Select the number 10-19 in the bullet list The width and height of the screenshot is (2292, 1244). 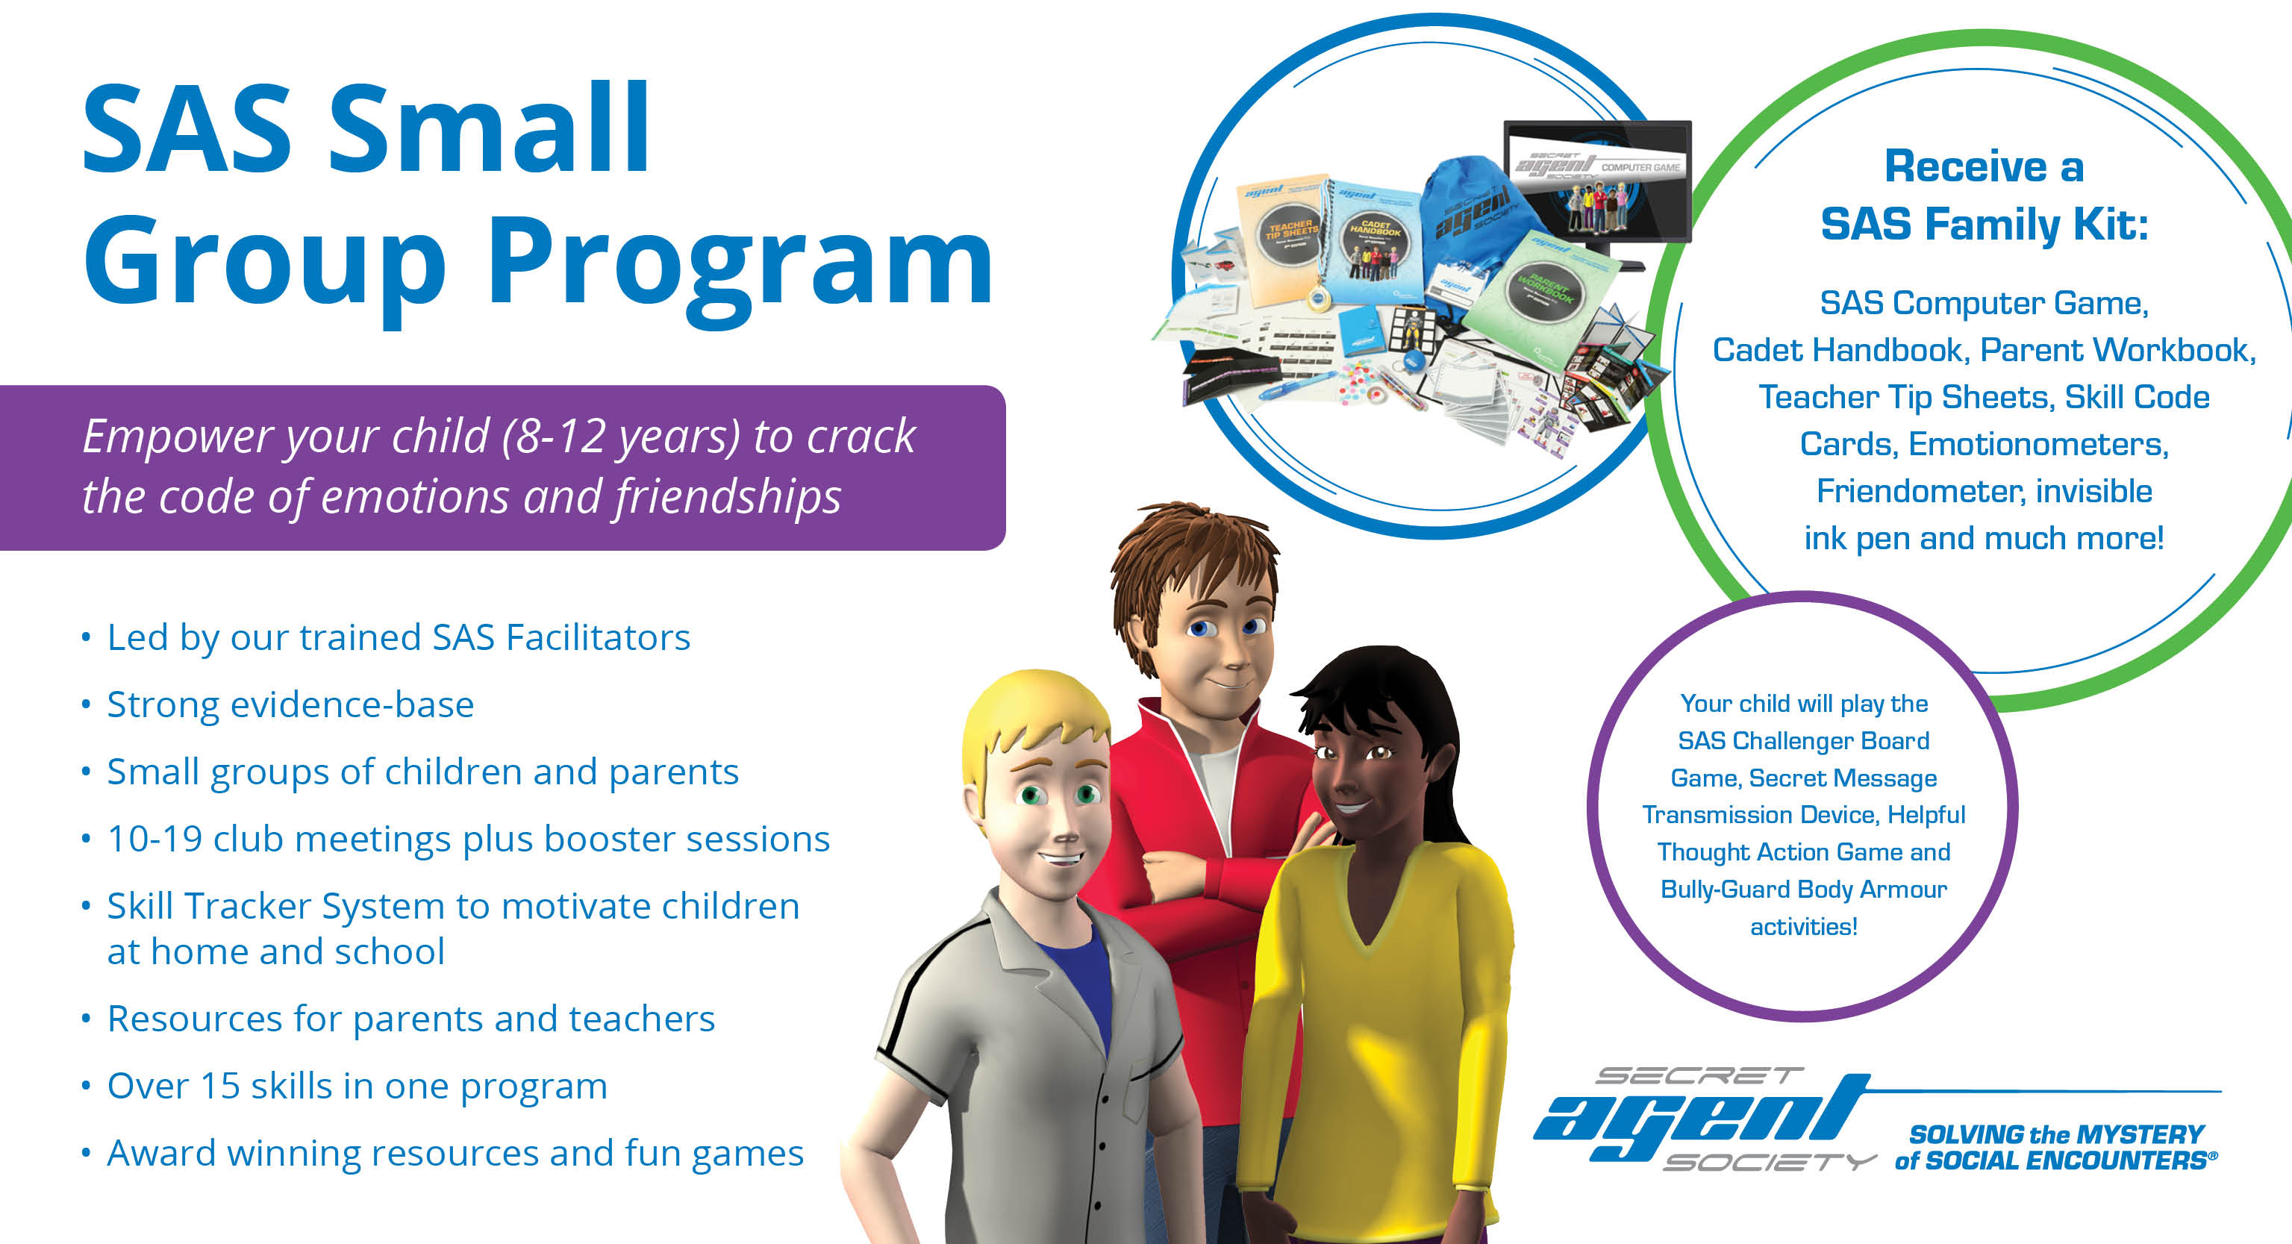pos(154,839)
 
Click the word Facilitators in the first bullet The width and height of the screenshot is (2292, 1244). pos(599,637)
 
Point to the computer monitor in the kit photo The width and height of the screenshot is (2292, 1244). pos(1598,182)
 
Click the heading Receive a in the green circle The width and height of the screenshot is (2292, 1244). pos(1985,166)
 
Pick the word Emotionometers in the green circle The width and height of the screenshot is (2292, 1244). pos(2038,444)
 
